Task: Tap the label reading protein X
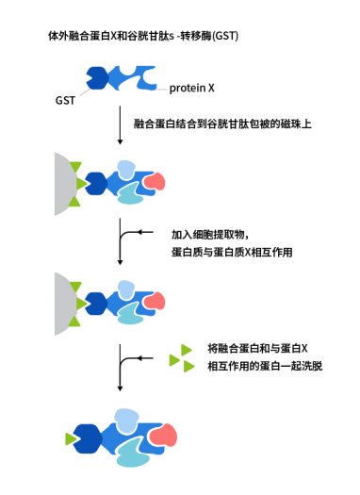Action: coord(192,89)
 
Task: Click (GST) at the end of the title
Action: coord(222,36)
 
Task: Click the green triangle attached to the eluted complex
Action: coord(72,439)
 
